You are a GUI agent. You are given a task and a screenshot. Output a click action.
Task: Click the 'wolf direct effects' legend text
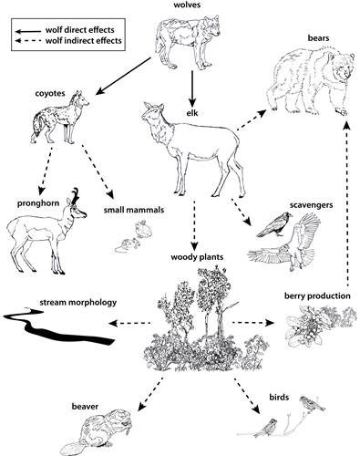73,29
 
